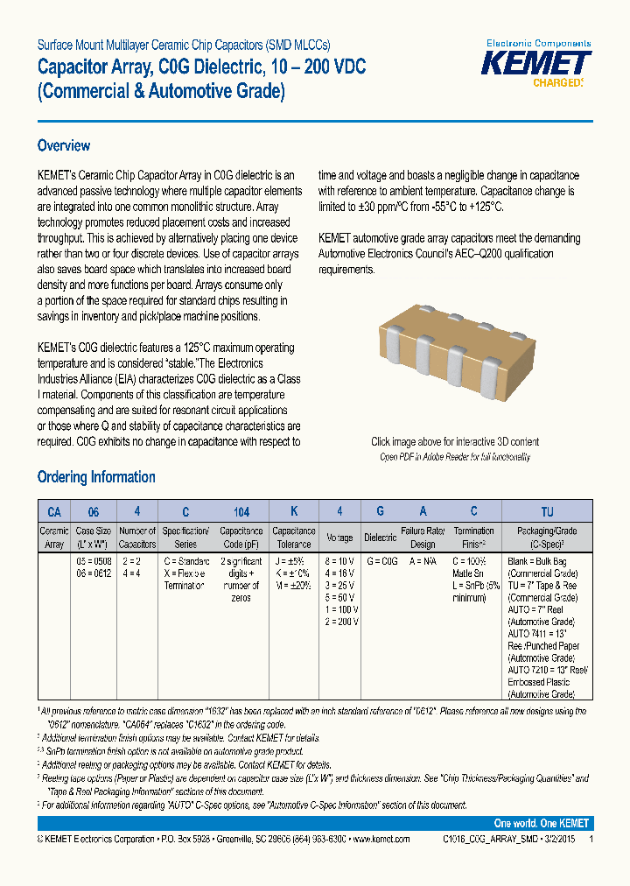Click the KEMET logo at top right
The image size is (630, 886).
coord(538,64)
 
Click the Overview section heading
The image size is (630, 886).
coord(63,146)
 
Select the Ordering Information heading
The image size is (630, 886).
coord(96,477)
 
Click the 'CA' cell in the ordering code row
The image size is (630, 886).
coord(54,511)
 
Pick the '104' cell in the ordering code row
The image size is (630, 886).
coord(241,511)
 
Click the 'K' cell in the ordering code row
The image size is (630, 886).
coord(294,511)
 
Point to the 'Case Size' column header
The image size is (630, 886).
coord(94,537)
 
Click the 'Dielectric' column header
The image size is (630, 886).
coord(381,538)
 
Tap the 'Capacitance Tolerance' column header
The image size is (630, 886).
coord(294,537)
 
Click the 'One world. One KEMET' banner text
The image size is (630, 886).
coord(541,824)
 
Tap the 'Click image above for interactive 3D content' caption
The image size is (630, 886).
coord(455,442)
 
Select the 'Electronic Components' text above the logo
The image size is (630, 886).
coord(538,43)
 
